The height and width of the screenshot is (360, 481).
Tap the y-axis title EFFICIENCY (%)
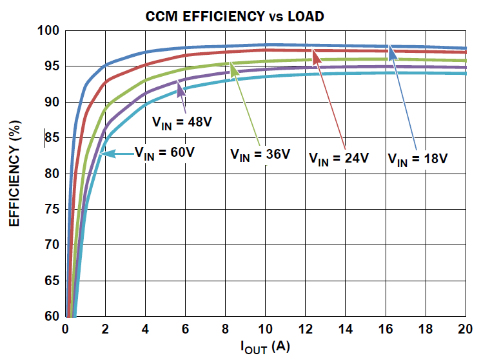(x=14, y=175)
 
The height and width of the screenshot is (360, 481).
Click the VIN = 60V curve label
(x=165, y=153)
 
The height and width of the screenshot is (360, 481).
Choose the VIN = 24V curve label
(x=339, y=157)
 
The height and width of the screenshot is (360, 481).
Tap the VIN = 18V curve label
(x=417, y=158)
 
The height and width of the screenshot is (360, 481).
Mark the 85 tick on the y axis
(x=52, y=138)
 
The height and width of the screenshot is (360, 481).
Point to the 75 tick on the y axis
(x=52, y=210)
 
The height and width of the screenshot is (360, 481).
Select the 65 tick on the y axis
(x=52, y=281)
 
